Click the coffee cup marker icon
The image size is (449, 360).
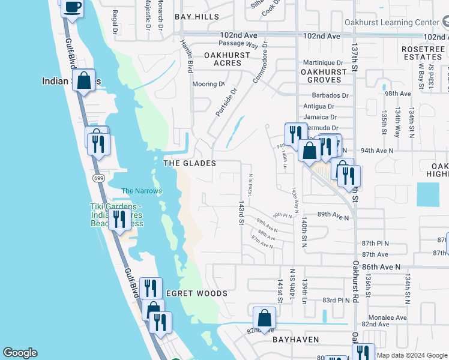click(72, 8)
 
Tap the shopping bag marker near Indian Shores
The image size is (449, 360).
click(84, 80)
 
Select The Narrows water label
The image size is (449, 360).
click(142, 191)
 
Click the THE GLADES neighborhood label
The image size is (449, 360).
click(189, 163)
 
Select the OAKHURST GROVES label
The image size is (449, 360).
click(324, 76)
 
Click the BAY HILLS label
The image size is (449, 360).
click(197, 17)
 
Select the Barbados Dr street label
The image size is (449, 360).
click(330, 95)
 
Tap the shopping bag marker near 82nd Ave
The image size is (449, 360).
click(264, 318)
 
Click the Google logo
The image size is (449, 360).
click(20, 353)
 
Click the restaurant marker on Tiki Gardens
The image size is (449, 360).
click(119, 219)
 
